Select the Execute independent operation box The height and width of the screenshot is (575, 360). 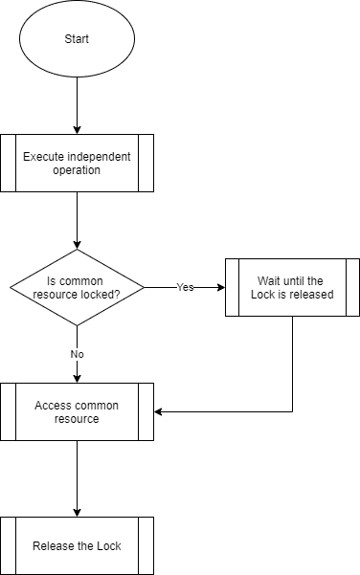click(x=77, y=163)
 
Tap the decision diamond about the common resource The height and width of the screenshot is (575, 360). click(x=77, y=287)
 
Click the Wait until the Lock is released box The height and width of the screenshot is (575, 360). click(x=292, y=287)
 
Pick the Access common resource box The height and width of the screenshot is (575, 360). click(x=77, y=411)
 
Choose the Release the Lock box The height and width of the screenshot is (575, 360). click(x=77, y=545)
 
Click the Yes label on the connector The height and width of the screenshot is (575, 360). click(x=186, y=287)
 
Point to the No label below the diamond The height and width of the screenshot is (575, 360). click(x=77, y=354)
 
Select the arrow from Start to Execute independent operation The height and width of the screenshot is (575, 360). click(x=77, y=105)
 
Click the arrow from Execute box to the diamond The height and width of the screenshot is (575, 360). click(x=77, y=220)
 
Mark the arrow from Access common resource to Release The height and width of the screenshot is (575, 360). click(x=77, y=478)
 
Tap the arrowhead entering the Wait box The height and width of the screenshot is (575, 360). click(x=219, y=287)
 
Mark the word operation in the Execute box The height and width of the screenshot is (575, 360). click(x=77, y=170)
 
